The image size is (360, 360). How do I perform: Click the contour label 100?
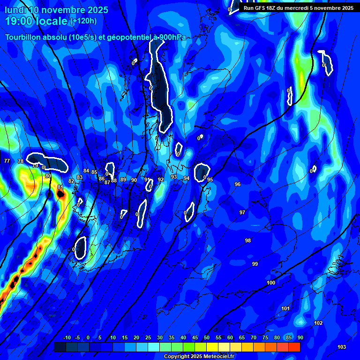(x=271, y=283)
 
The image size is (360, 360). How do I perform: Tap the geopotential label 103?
(x=342, y=347)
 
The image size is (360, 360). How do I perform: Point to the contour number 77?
(x=7, y=161)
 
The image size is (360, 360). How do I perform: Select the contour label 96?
(x=238, y=184)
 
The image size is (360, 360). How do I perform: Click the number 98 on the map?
(x=248, y=240)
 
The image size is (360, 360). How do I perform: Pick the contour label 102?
(x=318, y=323)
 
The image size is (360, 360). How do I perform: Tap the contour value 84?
(x=86, y=171)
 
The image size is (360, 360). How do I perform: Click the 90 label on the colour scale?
(x=300, y=337)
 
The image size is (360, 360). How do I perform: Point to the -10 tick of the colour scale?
(x=67, y=337)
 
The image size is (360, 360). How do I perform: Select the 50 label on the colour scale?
(x=207, y=337)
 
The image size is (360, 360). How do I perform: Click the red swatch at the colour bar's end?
(x=294, y=347)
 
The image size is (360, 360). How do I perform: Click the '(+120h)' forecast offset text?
(x=83, y=21)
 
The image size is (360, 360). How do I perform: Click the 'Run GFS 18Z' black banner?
(x=298, y=7)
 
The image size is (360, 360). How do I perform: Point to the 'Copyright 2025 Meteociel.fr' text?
(x=199, y=356)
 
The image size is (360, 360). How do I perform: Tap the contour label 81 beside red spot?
(x=60, y=187)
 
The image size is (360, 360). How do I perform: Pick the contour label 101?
(x=285, y=308)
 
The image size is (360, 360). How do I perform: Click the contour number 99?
(x=255, y=264)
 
